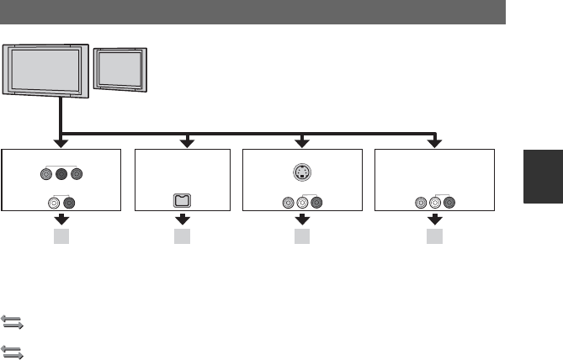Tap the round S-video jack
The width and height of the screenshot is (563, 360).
click(x=302, y=174)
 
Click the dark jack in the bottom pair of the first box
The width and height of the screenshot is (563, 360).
click(x=69, y=202)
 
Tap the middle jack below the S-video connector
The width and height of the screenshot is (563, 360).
click(x=302, y=202)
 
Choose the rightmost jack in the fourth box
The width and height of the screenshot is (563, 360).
click(x=449, y=202)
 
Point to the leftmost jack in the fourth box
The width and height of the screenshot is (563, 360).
click(x=421, y=202)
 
